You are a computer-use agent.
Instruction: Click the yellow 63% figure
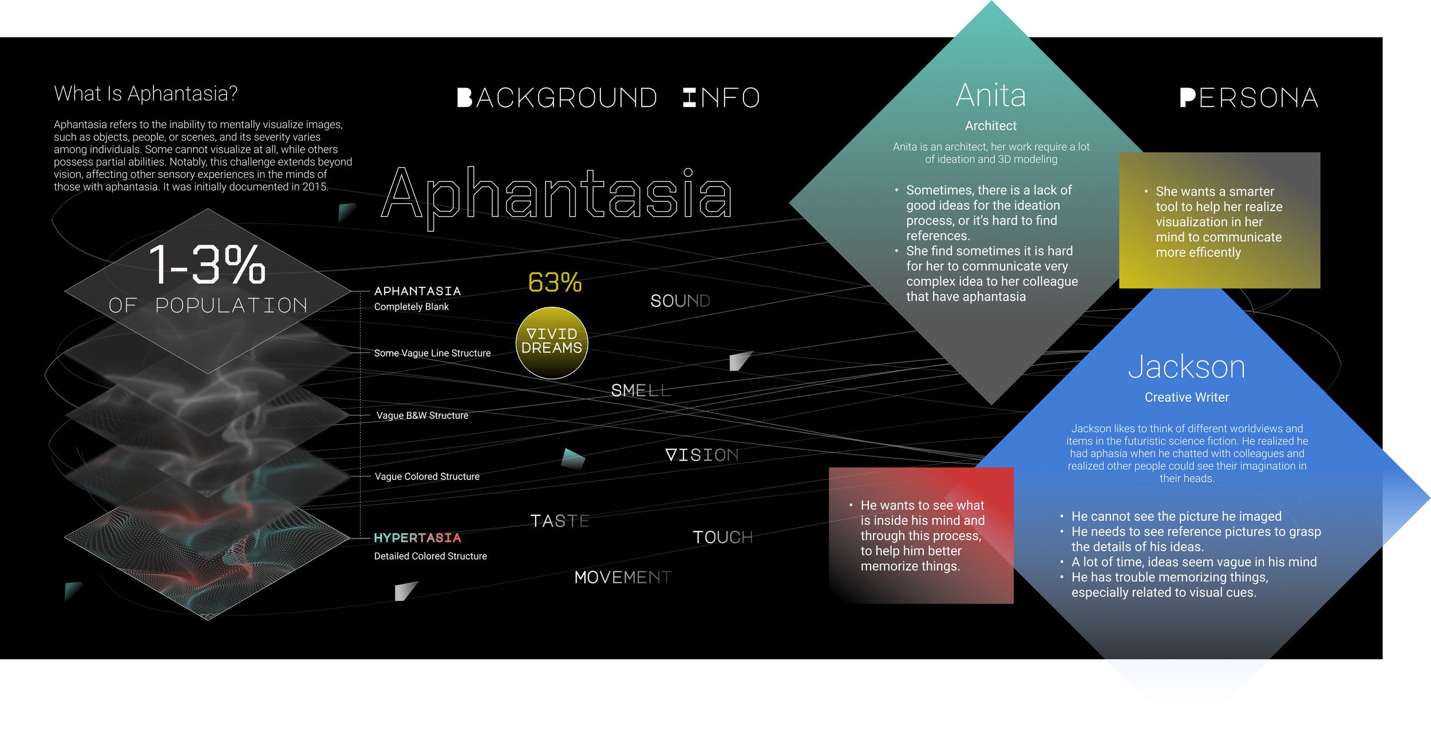click(x=555, y=282)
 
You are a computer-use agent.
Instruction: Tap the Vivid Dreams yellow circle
click(x=552, y=343)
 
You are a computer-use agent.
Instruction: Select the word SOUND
click(x=680, y=300)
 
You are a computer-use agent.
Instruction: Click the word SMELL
click(x=641, y=390)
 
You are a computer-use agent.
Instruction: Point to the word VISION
click(x=702, y=455)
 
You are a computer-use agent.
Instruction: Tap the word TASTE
click(x=560, y=521)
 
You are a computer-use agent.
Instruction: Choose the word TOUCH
click(x=723, y=537)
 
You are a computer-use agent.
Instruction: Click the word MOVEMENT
click(x=623, y=577)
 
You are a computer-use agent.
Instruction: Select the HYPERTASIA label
click(x=417, y=538)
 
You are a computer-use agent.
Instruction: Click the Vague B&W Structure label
click(x=422, y=415)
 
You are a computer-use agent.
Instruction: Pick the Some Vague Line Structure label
click(x=432, y=353)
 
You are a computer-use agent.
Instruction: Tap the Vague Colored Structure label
click(x=427, y=477)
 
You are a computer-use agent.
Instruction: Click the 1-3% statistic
click(x=207, y=264)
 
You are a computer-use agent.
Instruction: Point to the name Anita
click(x=991, y=95)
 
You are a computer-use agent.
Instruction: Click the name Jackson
click(x=1187, y=367)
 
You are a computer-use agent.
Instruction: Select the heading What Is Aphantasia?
click(x=145, y=93)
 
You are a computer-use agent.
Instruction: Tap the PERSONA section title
click(x=1250, y=98)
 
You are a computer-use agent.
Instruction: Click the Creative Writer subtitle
click(x=1187, y=397)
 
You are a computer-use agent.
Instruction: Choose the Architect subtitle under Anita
click(x=991, y=126)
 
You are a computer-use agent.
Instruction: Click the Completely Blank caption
click(x=412, y=307)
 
